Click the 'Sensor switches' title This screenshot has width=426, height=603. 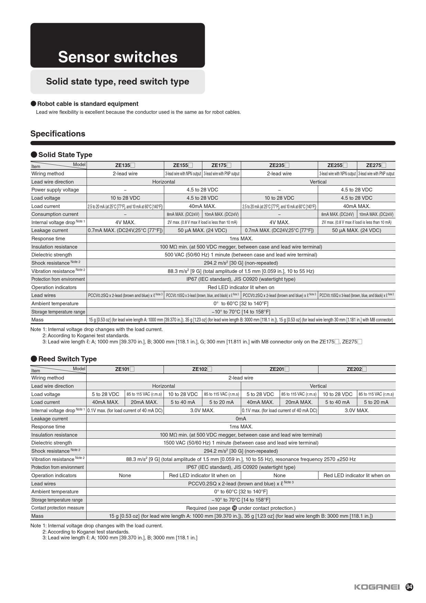point(117,57)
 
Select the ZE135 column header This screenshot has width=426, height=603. point(125,165)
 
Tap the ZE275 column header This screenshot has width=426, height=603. point(376,165)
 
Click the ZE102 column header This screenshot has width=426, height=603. point(202,370)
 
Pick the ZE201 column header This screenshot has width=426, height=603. point(279,370)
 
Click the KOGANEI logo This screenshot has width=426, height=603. point(377,587)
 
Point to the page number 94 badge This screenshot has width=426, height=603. point(409,587)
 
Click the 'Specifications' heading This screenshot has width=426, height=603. point(58,134)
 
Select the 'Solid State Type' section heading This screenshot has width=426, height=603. point(65,155)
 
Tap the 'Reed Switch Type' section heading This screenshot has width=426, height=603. point(67,359)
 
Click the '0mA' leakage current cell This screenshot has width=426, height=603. point(241,419)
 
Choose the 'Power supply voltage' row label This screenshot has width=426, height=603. point(55,190)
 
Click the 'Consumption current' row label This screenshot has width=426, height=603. point(55,214)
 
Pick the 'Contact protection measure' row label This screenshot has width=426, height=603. point(57,508)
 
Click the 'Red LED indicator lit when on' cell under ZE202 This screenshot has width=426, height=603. point(357,475)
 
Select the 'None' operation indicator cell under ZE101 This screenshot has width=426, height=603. point(125,475)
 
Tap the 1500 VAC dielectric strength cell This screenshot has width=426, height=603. point(241,443)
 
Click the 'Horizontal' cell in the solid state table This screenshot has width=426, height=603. point(164,182)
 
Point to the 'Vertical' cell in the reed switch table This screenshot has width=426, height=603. point(318,386)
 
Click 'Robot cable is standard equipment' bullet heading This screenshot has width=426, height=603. point(88,104)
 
